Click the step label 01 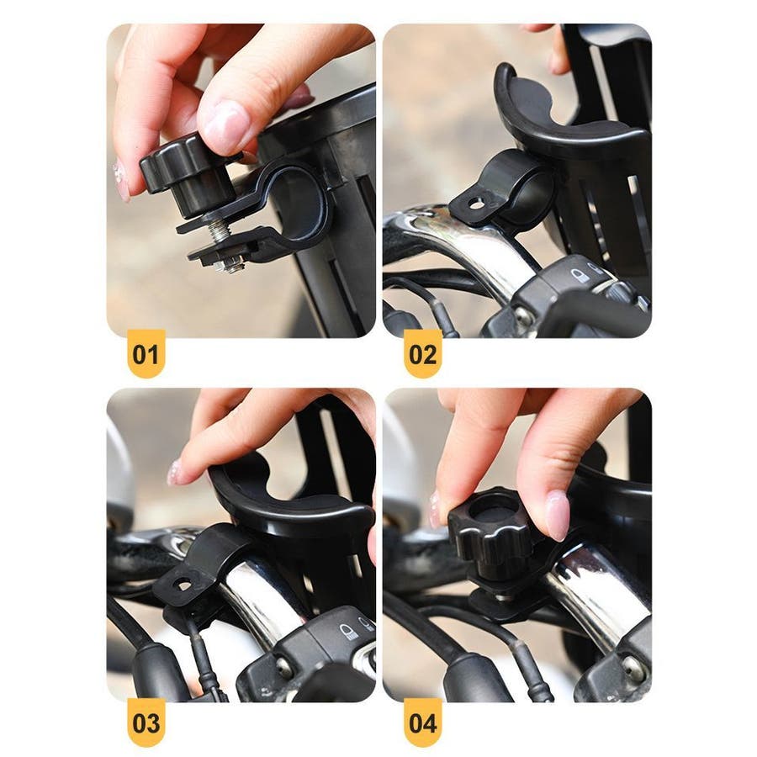click(x=146, y=355)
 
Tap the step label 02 click(x=422, y=355)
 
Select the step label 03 click(x=146, y=723)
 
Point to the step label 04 click(x=422, y=723)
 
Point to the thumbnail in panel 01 click(x=225, y=122)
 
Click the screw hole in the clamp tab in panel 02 click(x=477, y=204)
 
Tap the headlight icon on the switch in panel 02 click(x=577, y=277)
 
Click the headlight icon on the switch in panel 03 click(x=347, y=632)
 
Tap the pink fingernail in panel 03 click(x=174, y=473)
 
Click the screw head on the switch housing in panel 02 click(x=525, y=315)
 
